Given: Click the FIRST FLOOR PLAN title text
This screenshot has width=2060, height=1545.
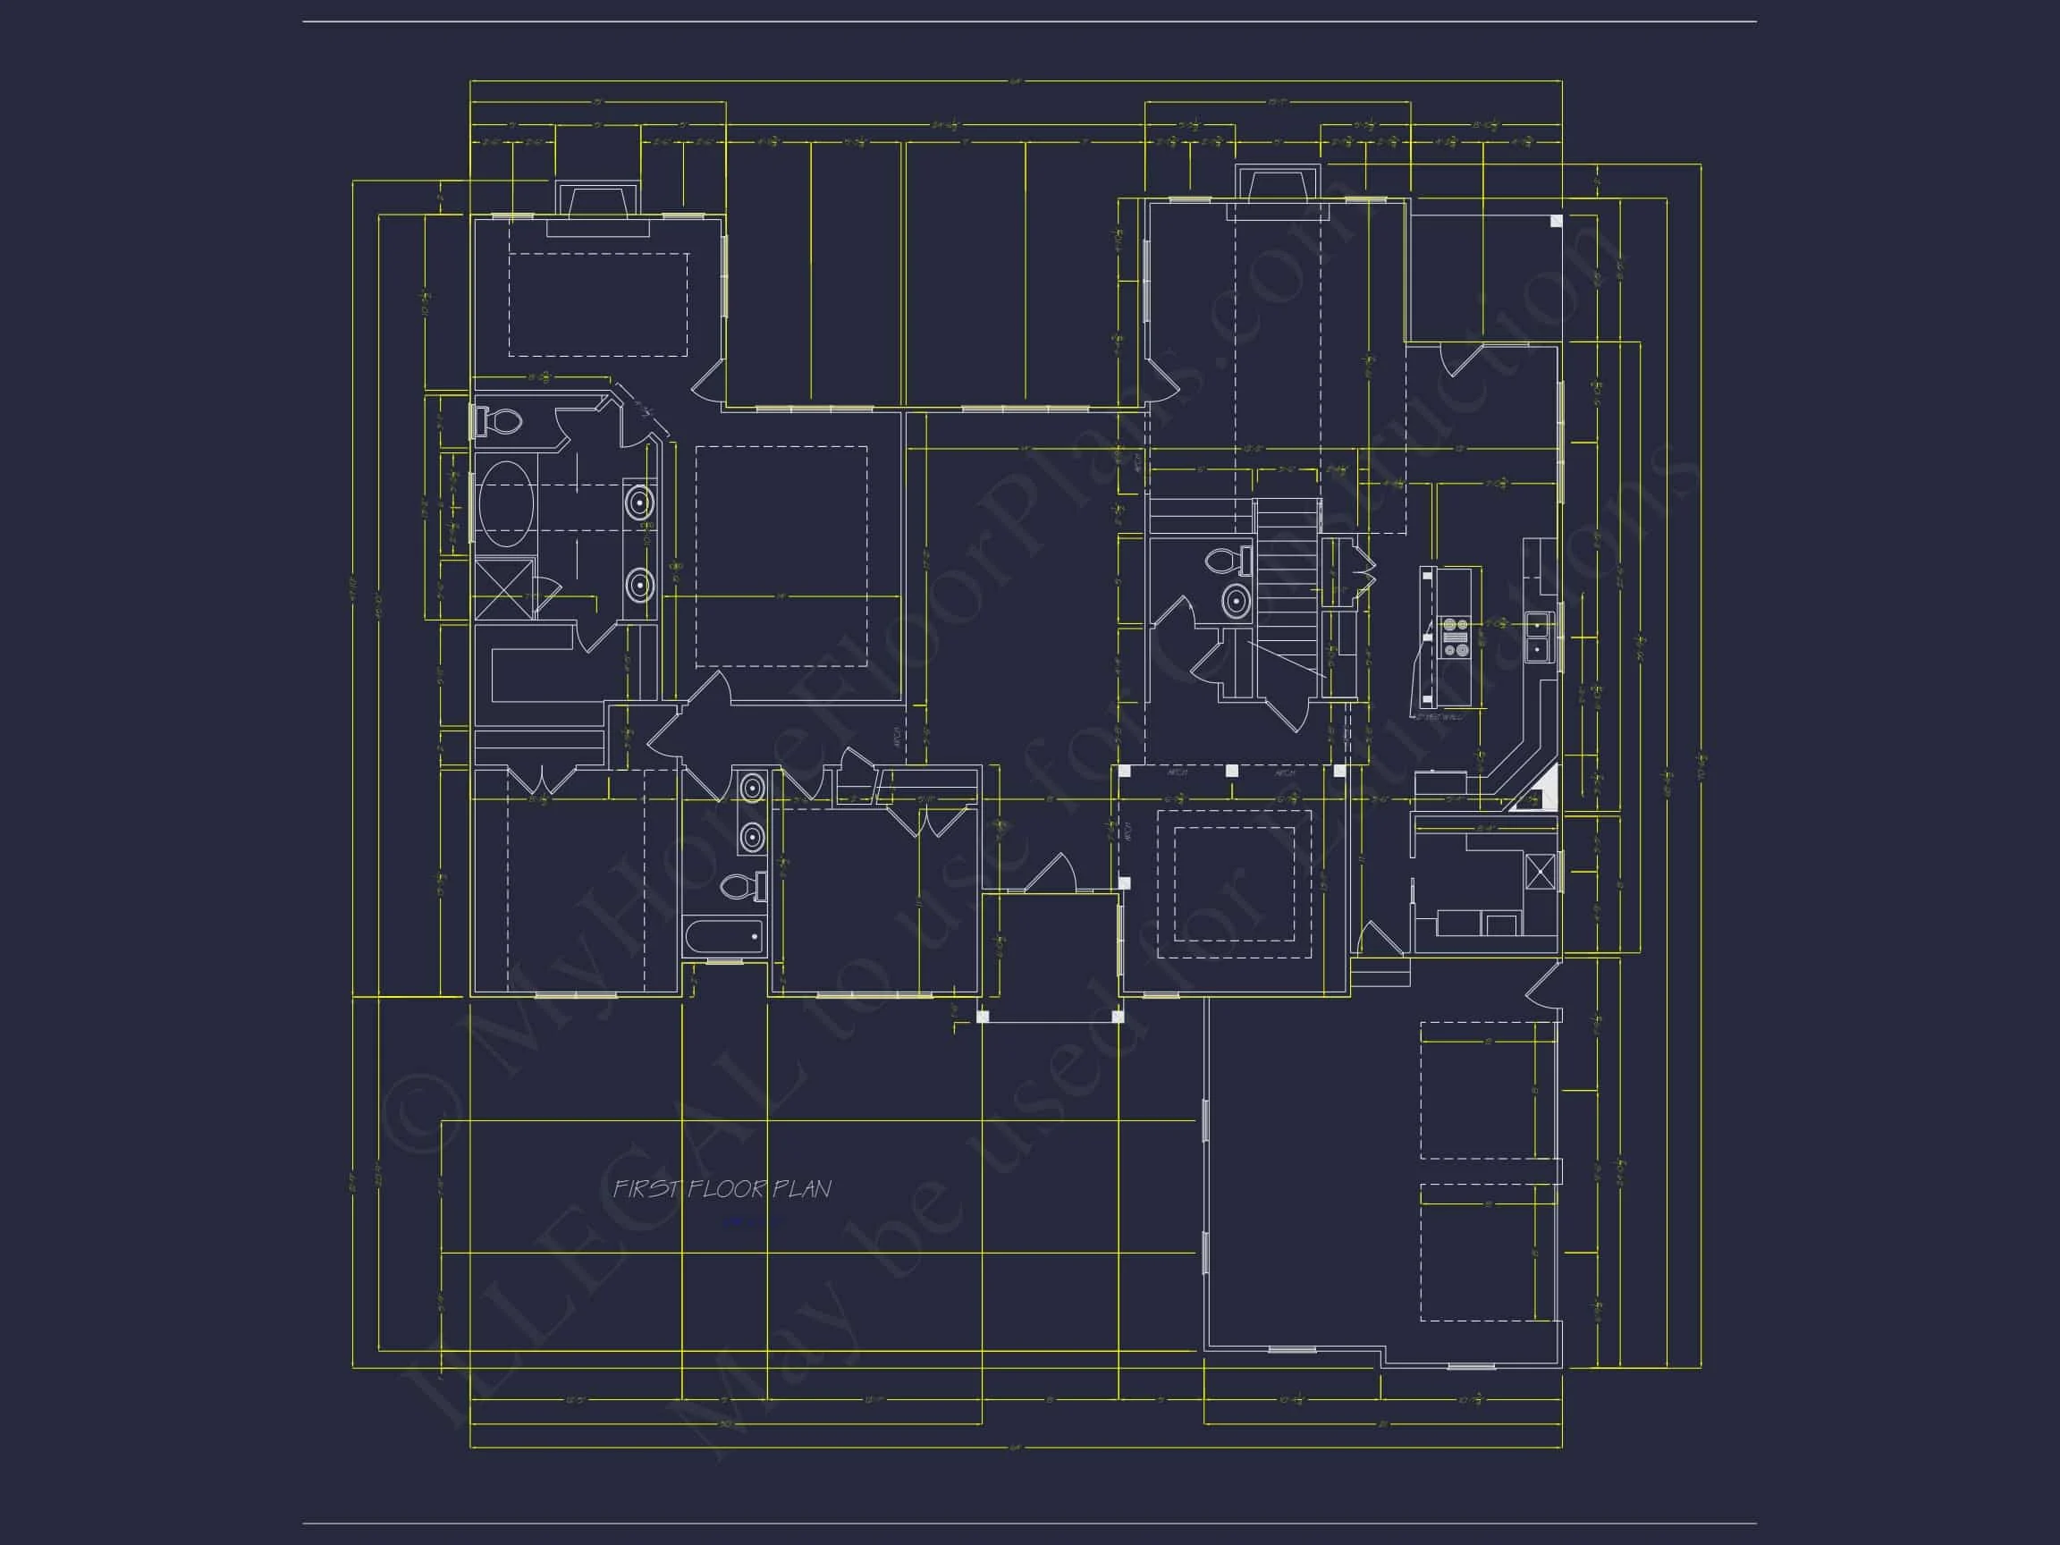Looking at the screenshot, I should (722, 1189).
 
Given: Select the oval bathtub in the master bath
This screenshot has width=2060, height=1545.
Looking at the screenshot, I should (507, 501).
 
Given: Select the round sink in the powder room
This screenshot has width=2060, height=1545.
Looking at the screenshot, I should (1236, 602).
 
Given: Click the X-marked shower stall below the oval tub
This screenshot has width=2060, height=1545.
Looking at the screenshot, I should (504, 587).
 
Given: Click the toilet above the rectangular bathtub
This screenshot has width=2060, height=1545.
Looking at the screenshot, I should (743, 887).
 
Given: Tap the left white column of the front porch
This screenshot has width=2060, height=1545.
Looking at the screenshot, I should (983, 1016).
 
